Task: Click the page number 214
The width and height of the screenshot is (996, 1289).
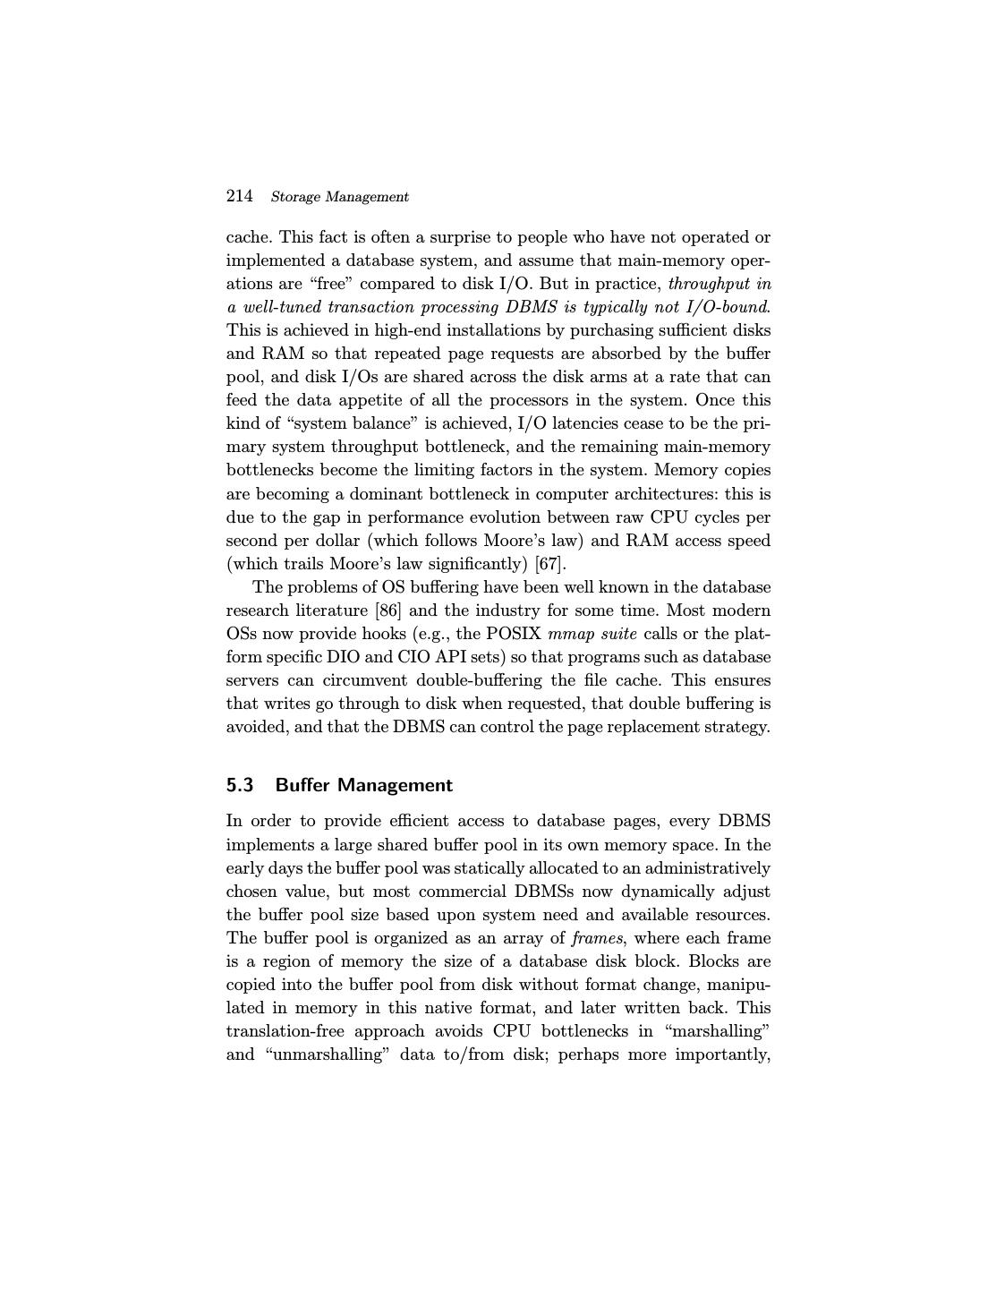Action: pyautogui.click(x=239, y=196)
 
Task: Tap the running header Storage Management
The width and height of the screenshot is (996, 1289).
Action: pyautogui.click(x=339, y=197)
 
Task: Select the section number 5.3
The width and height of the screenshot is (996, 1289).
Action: pyautogui.click(x=240, y=785)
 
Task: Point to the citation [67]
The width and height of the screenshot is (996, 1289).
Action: pyautogui.click(x=550, y=564)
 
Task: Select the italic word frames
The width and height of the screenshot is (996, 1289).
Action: pyautogui.click(x=597, y=938)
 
